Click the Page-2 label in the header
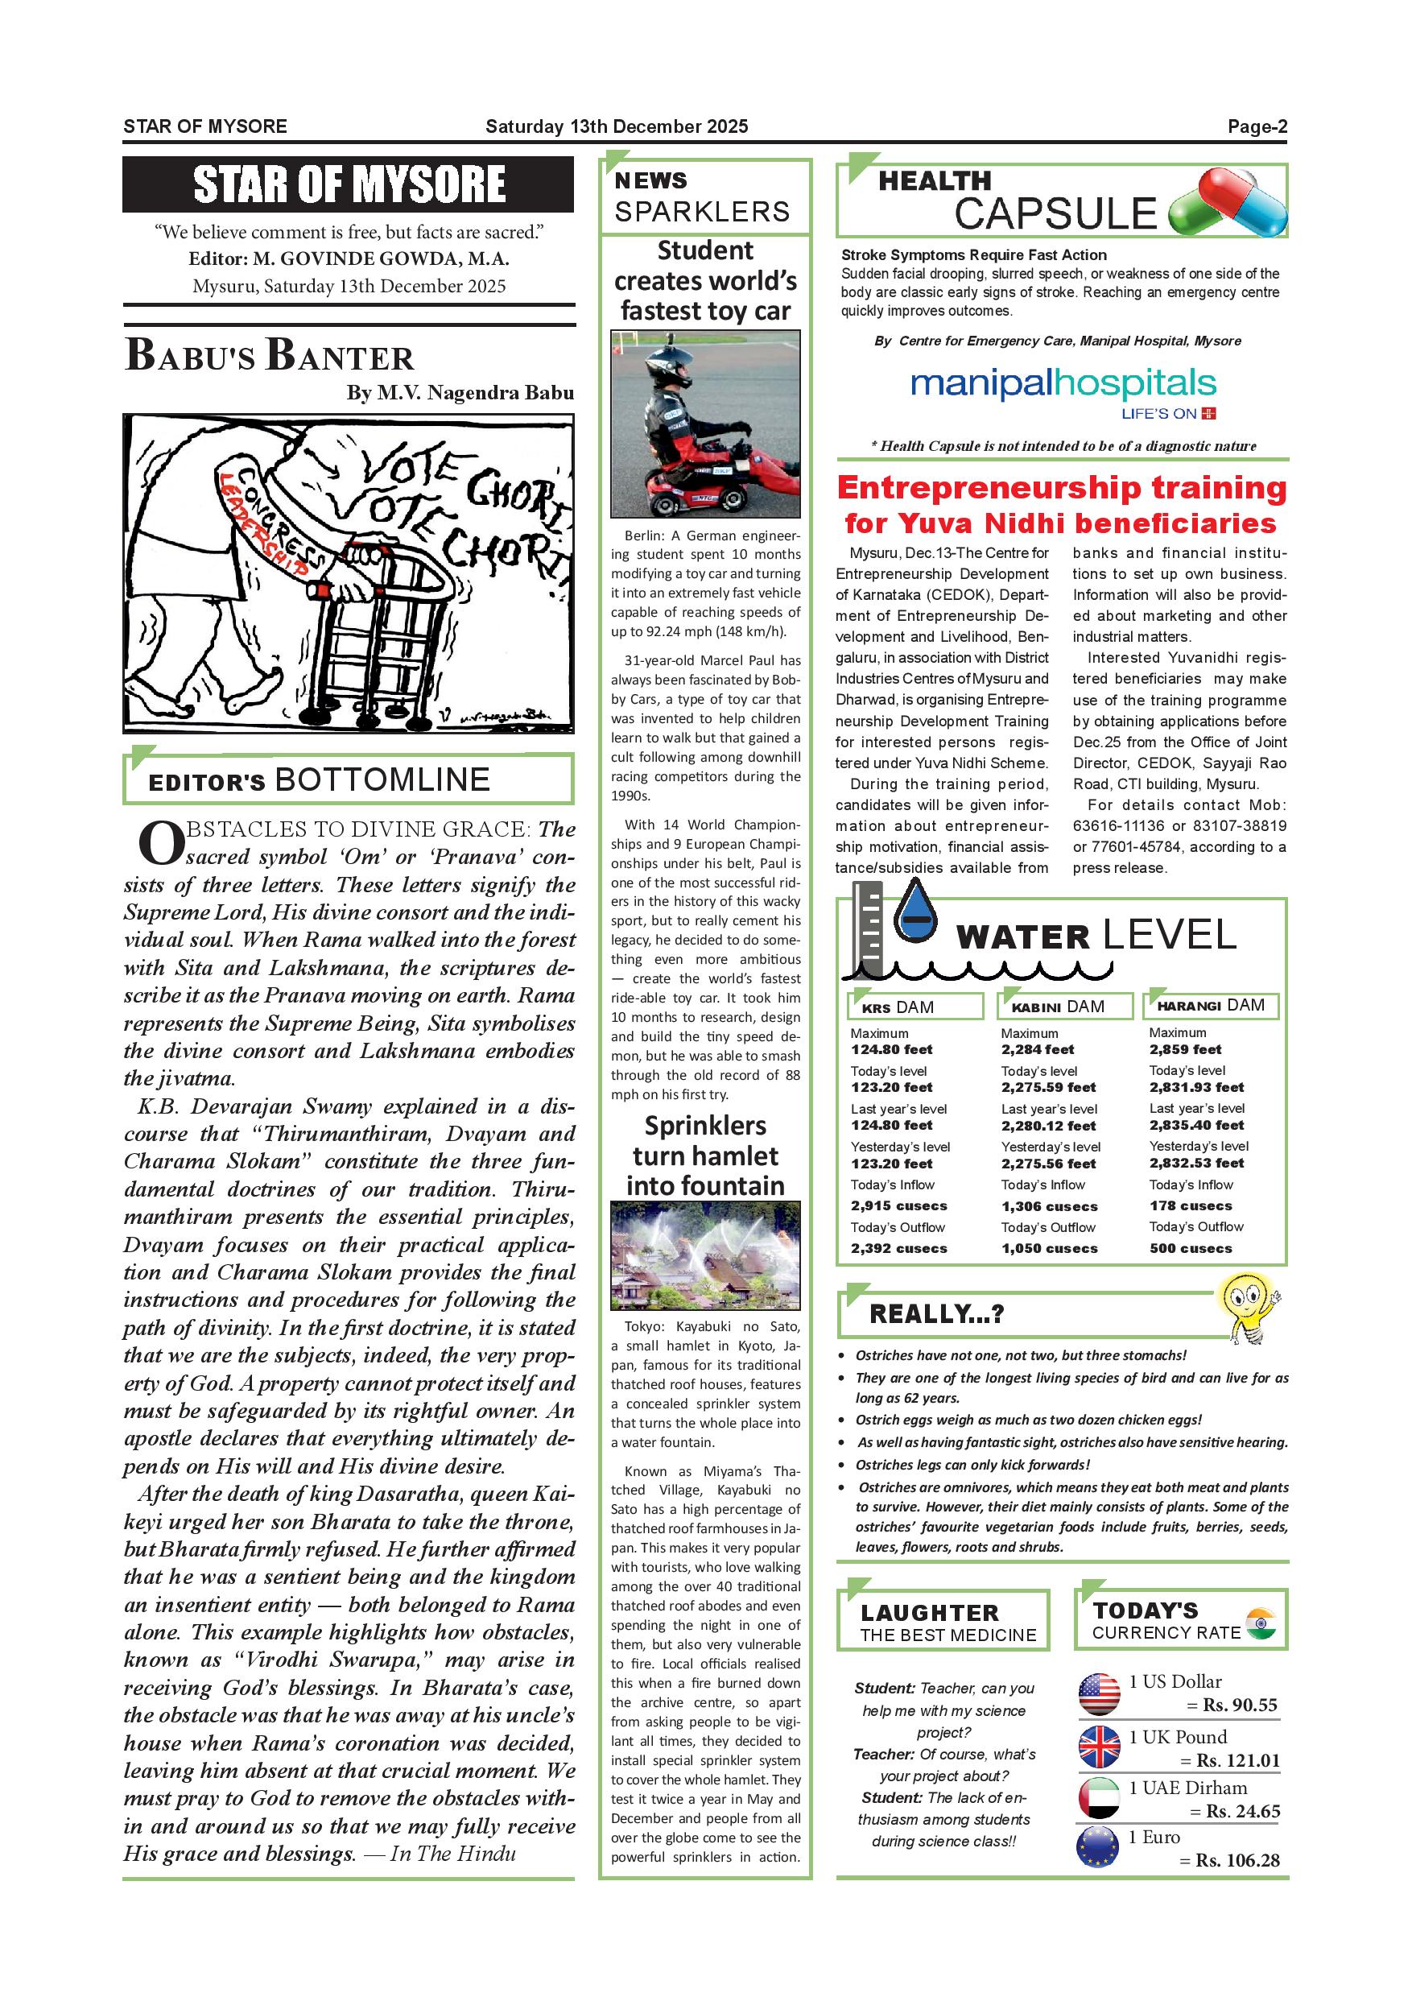point(1257,127)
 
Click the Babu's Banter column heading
point(270,355)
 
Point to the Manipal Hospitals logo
point(1063,391)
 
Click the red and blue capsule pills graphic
point(1227,203)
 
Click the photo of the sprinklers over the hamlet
point(705,1255)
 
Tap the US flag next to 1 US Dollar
point(1099,1693)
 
